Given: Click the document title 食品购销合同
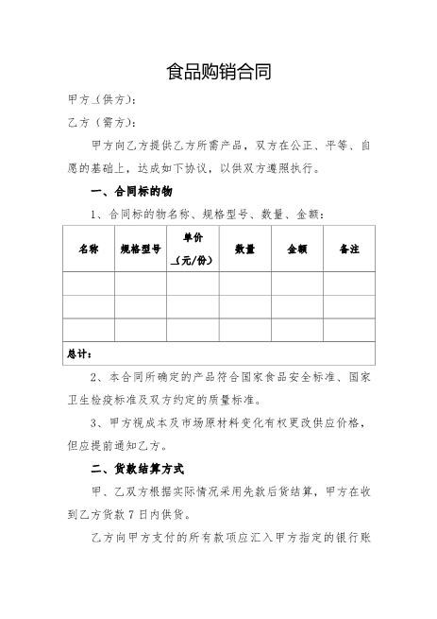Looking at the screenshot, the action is click(x=218, y=72).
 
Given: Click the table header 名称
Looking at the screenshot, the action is click(x=89, y=249).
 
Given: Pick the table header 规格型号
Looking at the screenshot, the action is click(x=141, y=249).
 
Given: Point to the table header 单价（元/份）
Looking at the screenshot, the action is click(x=193, y=249).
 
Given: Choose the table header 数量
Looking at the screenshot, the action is click(x=245, y=249).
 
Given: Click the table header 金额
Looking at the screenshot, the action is click(x=297, y=249).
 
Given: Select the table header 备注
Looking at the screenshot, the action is click(x=349, y=249).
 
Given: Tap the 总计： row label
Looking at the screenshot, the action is click(x=79, y=354).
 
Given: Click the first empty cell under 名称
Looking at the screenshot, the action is click(x=89, y=284).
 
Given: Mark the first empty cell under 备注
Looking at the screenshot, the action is click(x=349, y=284).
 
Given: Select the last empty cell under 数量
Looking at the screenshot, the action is click(x=245, y=330).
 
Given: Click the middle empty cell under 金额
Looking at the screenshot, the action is click(x=297, y=307).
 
